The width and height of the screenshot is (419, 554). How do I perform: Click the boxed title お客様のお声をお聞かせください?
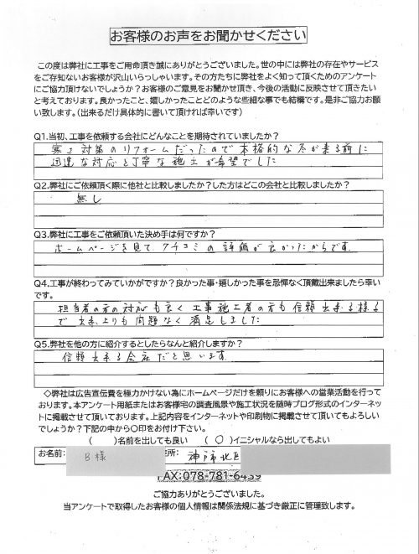coord(209,38)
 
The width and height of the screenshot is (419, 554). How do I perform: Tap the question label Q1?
coord(39,136)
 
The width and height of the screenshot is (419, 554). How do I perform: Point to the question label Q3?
coord(39,236)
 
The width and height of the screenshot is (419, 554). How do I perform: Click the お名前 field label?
coord(52,453)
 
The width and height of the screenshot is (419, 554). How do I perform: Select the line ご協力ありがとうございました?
coord(209,494)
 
